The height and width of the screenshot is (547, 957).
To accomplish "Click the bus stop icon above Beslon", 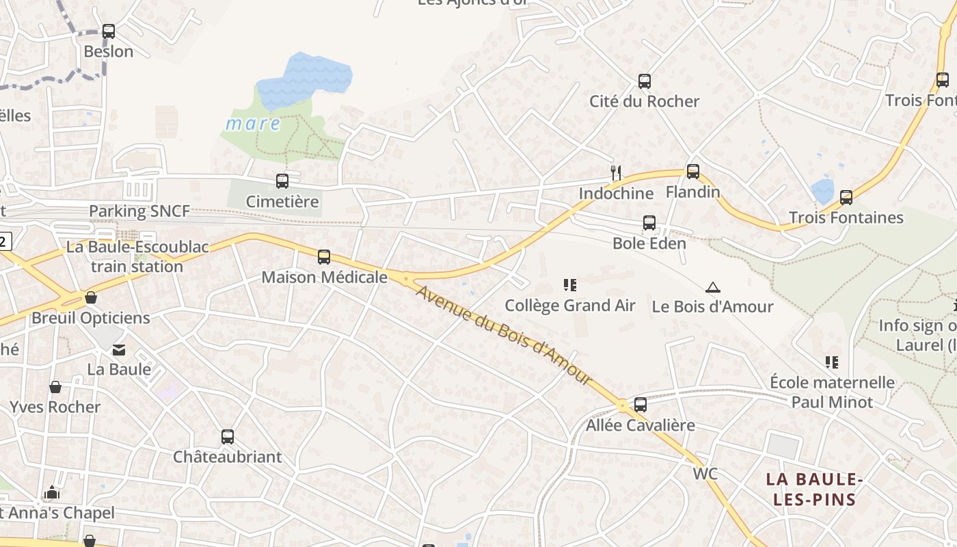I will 109,31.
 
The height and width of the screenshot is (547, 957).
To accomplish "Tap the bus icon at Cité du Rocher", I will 644,81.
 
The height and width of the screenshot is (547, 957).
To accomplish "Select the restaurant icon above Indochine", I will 616,173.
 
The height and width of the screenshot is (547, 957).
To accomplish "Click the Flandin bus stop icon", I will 692,172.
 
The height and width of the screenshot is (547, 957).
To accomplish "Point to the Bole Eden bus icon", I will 649,223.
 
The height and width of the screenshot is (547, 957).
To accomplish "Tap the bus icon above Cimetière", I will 282,181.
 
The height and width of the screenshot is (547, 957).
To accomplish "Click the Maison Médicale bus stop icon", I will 323,257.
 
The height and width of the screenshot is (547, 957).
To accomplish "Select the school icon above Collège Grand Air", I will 569,285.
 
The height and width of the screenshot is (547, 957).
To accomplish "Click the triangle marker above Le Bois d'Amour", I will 713,287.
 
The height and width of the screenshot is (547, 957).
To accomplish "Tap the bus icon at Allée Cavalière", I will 640,405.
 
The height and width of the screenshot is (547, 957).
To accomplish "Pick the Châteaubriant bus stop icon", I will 227,436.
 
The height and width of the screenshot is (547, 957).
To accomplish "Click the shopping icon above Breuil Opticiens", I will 90,297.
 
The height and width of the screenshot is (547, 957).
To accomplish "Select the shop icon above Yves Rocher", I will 55,387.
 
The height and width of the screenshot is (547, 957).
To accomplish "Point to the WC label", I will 705,474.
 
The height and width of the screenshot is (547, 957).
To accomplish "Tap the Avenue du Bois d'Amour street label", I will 503,335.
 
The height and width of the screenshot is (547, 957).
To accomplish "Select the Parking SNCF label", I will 139,211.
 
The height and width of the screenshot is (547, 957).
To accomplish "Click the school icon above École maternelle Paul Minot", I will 831,362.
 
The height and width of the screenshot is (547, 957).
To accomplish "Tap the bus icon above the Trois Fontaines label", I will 846,198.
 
